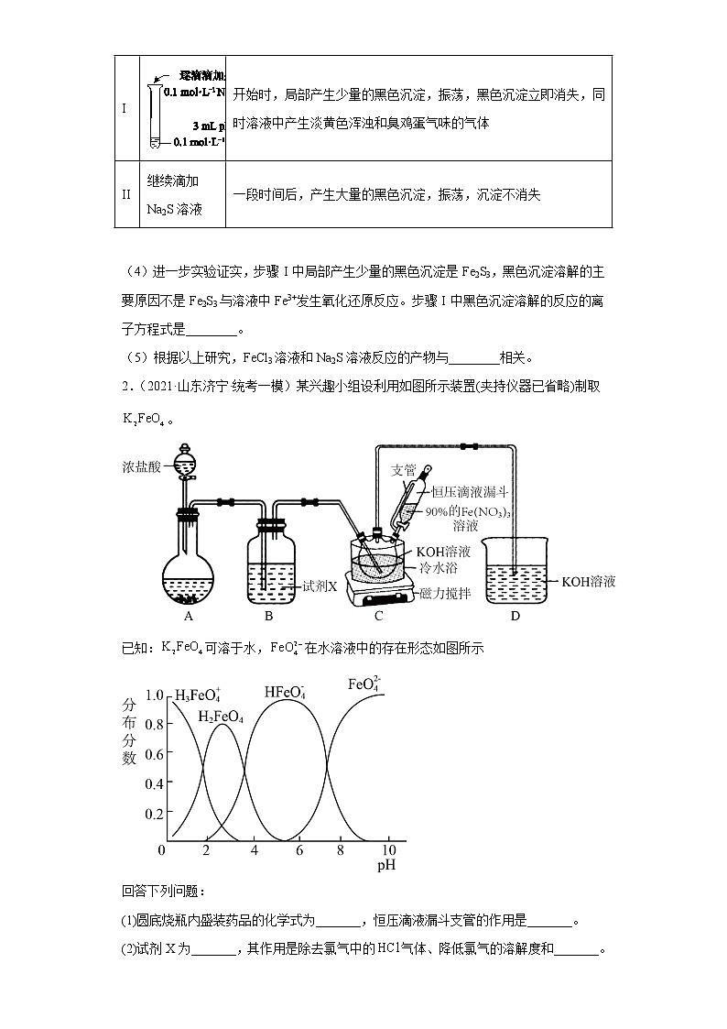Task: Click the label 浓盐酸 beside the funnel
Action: coord(140,467)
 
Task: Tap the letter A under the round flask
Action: coord(189,617)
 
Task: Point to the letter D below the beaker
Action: coord(515,617)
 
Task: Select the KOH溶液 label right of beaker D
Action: coord(588,581)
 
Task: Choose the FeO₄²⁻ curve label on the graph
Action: coord(366,684)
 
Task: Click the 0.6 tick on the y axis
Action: coord(153,754)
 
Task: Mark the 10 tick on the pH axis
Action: coord(388,850)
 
